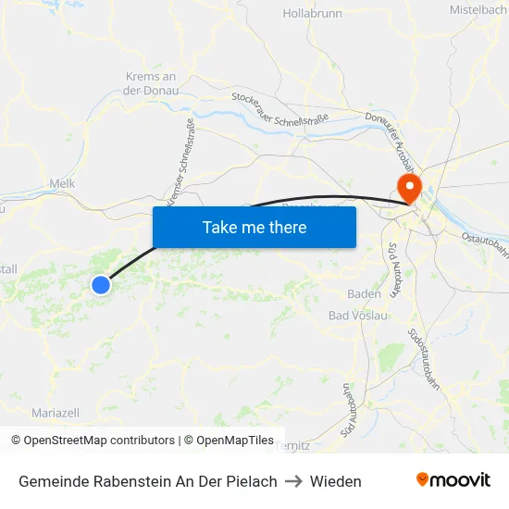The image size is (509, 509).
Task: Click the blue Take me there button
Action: point(254,227)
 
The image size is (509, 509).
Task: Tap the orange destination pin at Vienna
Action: point(408,186)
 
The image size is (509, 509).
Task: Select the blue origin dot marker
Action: point(101,284)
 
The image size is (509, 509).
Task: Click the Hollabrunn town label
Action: point(313,14)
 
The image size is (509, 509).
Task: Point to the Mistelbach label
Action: point(478,9)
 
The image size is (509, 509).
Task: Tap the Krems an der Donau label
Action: point(151,83)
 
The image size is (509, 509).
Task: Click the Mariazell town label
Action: point(56,413)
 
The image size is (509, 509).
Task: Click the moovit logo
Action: point(453,480)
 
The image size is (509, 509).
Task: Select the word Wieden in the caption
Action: point(336,481)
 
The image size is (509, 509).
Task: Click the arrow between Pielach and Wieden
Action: point(293,481)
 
